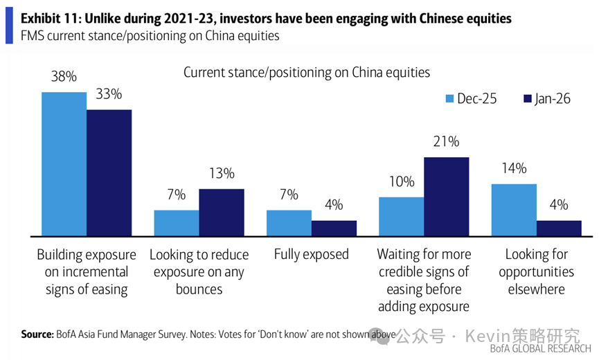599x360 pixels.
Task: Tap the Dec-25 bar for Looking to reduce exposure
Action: (176, 224)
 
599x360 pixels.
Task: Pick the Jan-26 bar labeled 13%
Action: (221, 213)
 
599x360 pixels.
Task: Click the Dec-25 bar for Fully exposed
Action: (289, 224)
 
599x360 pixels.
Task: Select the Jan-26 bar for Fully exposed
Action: (334, 229)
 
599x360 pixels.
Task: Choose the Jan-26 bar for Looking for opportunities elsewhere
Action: (559, 229)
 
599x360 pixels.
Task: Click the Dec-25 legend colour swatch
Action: (449, 99)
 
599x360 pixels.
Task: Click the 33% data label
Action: (109, 94)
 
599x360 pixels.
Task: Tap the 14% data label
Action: (514, 168)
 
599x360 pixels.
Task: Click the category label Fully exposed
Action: (311, 254)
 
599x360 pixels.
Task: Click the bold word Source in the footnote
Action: (37, 334)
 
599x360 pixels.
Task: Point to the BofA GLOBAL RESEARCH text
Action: (541, 348)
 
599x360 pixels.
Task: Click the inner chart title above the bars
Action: (307, 72)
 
